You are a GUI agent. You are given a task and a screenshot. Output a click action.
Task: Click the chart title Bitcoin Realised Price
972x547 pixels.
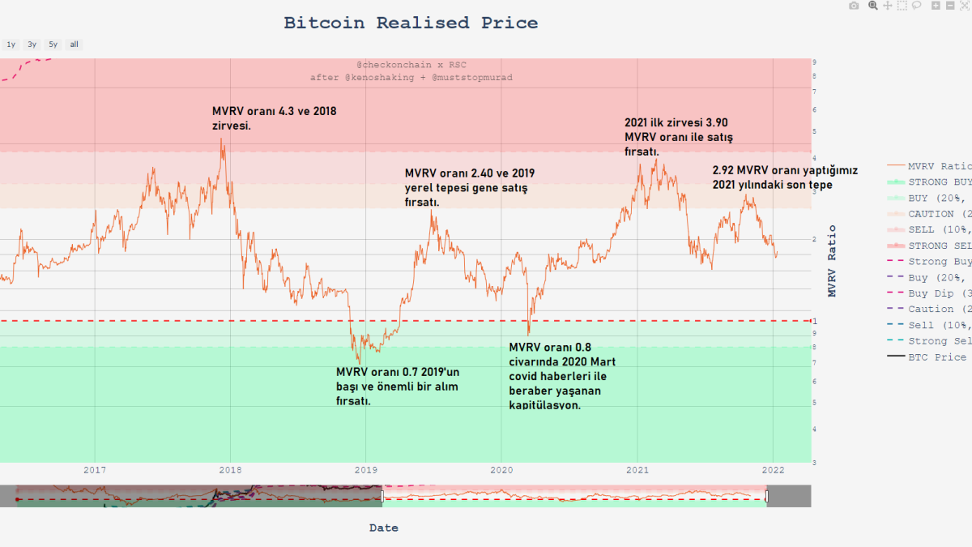click(x=411, y=23)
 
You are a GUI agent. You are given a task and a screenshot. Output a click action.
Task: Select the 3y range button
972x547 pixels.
click(x=32, y=45)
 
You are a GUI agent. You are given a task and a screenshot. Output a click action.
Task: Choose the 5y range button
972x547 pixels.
click(x=53, y=45)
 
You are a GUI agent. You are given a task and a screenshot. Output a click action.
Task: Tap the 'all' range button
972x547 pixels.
click(x=74, y=45)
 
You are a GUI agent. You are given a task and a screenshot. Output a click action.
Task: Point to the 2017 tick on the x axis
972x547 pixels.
click(x=95, y=469)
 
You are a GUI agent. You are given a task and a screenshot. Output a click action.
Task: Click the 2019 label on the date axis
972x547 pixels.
click(x=366, y=469)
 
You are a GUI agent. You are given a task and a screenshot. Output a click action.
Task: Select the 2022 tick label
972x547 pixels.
click(x=773, y=469)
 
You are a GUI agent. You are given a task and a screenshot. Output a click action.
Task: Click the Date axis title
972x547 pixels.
click(x=384, y=528)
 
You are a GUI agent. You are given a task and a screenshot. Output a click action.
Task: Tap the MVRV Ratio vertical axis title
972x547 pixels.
click(x=832, y=259)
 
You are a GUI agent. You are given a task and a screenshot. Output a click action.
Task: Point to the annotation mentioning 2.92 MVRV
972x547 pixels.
click(x=784, y=177)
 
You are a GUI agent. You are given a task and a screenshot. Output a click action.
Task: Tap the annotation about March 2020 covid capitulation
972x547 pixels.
click(x=563, y=376)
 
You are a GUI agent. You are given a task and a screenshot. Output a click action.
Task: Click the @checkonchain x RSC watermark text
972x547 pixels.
click(x=411, y=65)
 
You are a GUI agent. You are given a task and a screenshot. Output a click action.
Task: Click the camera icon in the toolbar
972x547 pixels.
click(x=854, y=6)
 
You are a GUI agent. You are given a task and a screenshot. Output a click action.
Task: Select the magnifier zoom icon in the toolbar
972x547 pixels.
click(x=872, y=6)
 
